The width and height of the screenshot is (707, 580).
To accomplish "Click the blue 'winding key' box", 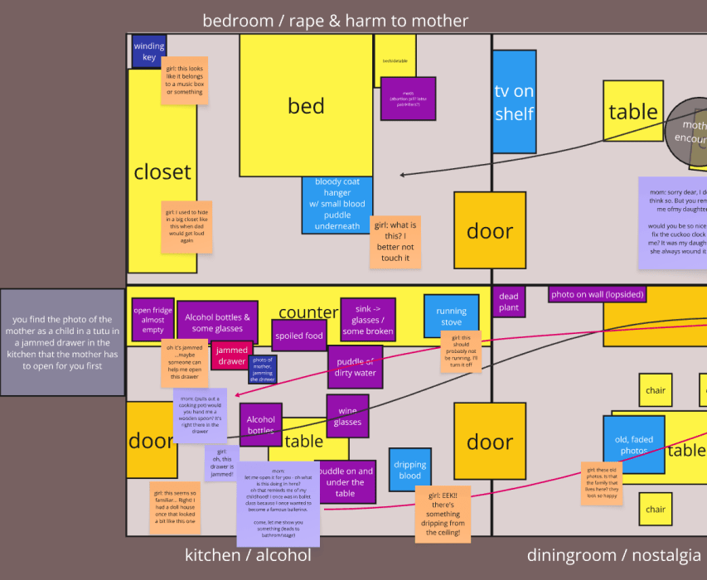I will click(148, 51).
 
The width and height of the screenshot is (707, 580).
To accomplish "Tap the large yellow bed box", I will click(306, 105).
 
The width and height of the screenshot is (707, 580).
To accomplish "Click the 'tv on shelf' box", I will click(514, 102).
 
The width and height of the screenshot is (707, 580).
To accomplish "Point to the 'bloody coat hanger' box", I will click(337, 204).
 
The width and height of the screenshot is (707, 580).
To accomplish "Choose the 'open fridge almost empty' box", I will click(153, 320).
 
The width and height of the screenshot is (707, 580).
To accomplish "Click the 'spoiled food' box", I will click(299, 336).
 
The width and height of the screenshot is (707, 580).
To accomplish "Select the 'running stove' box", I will click(451, 317).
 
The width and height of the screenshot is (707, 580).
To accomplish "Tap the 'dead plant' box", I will click(508, 302).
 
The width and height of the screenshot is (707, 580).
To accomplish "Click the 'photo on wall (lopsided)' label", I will click(598, 294).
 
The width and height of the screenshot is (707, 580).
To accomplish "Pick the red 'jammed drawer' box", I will click(231, 355).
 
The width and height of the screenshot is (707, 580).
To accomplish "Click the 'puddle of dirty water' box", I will click(355, 367).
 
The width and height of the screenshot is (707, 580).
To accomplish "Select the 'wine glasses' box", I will click(347, 416).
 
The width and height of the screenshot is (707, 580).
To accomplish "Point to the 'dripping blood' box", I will click(409, 470).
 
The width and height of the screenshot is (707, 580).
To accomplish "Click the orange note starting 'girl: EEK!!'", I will click(444, 513).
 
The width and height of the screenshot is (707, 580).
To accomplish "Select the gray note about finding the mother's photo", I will click(62, 341).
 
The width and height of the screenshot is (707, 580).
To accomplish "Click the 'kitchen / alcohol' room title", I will click(248, 555).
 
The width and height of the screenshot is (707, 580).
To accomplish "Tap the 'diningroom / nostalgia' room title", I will click(613, 555).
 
